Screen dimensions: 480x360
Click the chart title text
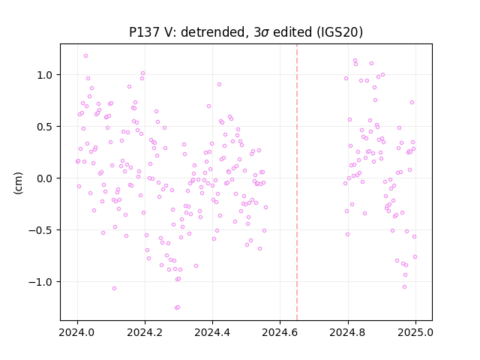point(246,31)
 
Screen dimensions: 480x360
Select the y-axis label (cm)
point(18,183)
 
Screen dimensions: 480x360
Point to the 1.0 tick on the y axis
point(45,75)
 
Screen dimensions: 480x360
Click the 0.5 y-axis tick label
point(45,127)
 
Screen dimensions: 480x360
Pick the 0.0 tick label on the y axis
point(45,178)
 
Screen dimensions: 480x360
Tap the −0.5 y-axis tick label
point(41,230)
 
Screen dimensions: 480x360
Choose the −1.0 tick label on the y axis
point(41,282)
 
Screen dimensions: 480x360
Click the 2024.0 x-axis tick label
point(77,332)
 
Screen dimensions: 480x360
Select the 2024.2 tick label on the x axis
point(145,332)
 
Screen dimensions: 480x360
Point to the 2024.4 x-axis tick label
point(212,332)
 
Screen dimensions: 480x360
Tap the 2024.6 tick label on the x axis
point(280,332)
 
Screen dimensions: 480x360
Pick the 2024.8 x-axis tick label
point(348,332)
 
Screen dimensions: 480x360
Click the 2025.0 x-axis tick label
point(415,332)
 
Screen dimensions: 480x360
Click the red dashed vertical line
point(297,182)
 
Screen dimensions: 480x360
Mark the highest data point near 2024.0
point(85,56)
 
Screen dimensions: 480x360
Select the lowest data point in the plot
point(176,307)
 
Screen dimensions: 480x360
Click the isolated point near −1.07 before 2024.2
point(114,288)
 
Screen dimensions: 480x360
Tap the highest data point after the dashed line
point(355,61)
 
